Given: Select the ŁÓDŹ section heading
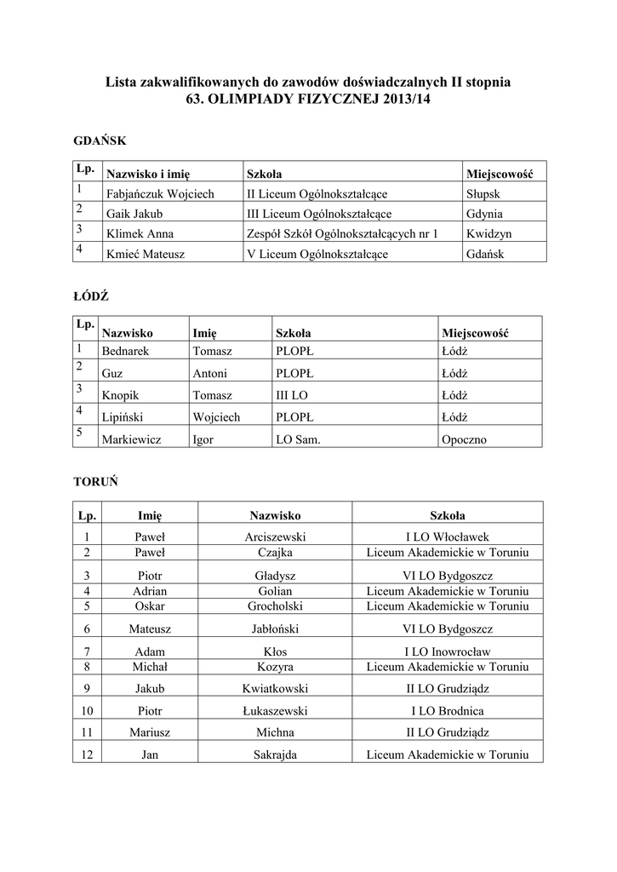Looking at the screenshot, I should tap(92, 296).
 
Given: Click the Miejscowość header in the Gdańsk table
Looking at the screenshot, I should tap(499, 174).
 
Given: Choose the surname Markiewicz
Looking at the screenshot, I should tap(131, 440).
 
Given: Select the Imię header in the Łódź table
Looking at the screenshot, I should tap(205, 333).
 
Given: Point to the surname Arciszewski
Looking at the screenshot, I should tap(275, 537).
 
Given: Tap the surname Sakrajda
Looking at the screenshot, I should tap(275, 754).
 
